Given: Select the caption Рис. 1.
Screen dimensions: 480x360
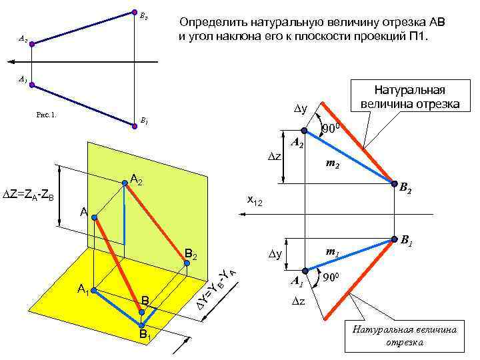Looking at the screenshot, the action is point(47,113).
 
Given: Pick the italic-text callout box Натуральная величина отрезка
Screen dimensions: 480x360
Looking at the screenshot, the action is point(405,336).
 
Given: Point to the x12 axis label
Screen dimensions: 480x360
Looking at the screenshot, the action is point(255,200).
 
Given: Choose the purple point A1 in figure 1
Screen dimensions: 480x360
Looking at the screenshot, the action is point(31,85).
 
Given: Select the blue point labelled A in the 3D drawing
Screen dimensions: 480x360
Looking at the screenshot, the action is point(95,217).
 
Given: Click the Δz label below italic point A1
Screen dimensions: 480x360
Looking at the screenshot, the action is point(299,301).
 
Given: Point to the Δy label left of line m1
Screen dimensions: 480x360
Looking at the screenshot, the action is point(275,254).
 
